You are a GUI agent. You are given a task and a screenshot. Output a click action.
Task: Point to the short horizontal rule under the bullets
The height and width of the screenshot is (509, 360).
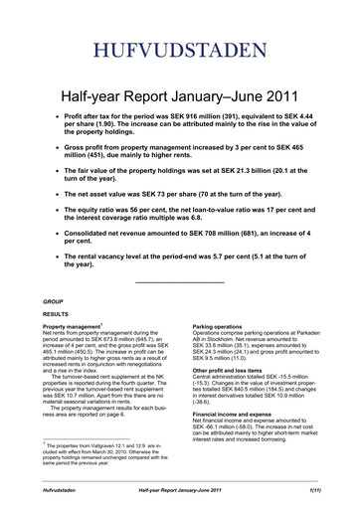(x=179, y=283)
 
